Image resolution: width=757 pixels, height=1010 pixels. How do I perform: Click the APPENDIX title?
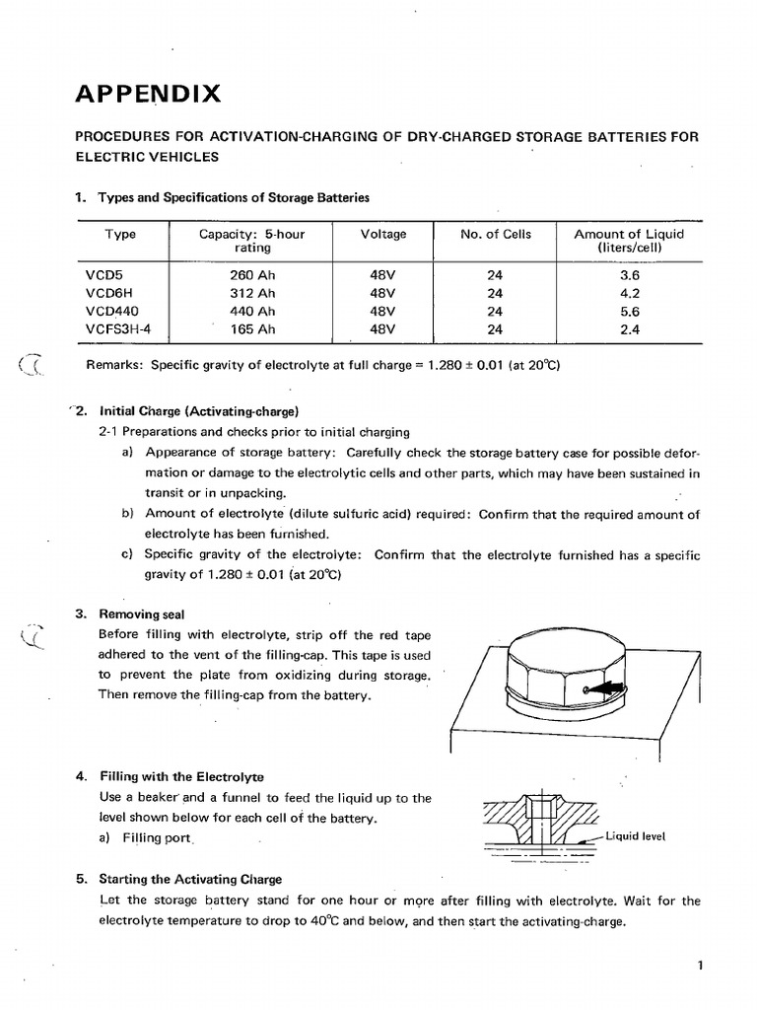pos(148,95)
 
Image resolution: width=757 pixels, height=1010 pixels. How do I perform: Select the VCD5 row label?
pos(103,275)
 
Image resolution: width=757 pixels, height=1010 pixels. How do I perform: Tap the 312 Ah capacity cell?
pos(252,293)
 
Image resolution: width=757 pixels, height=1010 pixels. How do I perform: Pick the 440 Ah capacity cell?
pos(252,312)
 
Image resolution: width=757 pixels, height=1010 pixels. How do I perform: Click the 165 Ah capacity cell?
pos(252,329)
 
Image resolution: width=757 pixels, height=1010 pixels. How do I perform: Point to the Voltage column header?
pos(382,234)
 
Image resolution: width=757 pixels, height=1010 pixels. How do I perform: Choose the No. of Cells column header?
pos(495,234)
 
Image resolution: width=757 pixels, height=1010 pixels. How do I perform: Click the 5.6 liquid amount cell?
pos(629,312)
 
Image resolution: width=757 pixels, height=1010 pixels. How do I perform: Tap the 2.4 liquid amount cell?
pos(629,329)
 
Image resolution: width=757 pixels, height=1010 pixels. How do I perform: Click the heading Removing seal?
pos(142,614)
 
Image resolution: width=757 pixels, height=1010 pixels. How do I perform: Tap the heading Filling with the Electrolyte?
pos(181,776)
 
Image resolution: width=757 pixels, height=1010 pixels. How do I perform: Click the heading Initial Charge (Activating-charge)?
pos(198,411)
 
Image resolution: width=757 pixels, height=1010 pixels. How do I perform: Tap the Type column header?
pos(120,234)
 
